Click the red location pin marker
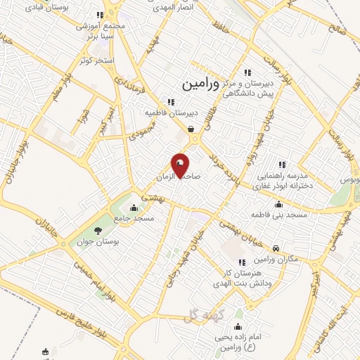coord(180,166)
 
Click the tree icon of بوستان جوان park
coord(98,231)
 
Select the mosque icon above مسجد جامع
coord(134,207)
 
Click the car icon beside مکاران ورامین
coord(278,248)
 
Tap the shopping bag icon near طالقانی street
coord(191,129)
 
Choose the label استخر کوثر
coord(97,61)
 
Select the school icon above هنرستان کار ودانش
coord(242,262)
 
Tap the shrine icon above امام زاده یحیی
coord(238,326)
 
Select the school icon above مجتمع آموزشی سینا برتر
coord(101,14)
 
